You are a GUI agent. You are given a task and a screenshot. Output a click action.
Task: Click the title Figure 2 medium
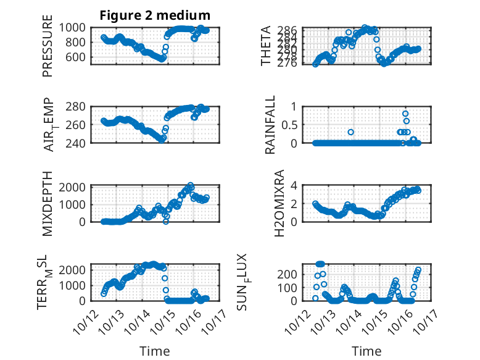[155, 15]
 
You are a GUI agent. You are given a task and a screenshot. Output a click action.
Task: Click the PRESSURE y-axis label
[48, 46]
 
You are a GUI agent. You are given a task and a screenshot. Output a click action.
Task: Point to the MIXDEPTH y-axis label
[48, 203]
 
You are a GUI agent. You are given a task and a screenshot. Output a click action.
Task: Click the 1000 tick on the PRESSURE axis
[75, 28]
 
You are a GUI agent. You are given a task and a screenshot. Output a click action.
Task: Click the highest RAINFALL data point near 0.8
[405, 114]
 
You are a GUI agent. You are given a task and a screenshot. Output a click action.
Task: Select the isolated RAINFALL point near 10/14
[350, 132]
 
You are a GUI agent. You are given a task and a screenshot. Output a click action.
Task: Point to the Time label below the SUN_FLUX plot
[366, 351]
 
